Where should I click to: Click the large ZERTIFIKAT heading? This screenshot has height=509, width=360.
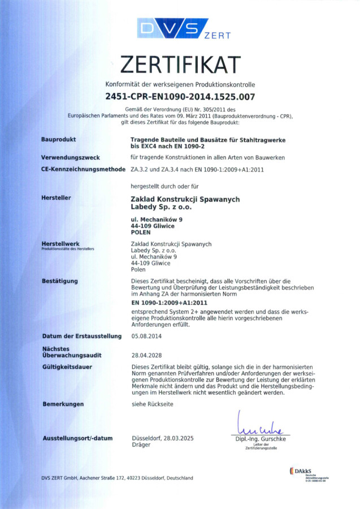pyautogui.click(x=180, y=65)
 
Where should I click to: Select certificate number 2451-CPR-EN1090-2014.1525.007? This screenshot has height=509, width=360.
pyautogui.click(x=180, y=96)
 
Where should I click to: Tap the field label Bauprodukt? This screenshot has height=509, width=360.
pyautogui.click(x=59, y=139)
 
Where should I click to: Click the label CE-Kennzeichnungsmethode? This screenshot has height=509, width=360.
pyautogui.click(x=81, y=169)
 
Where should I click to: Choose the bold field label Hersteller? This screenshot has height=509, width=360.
pyautogui.click(x=56, y=198)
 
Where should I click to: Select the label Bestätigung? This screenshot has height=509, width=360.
pyautogui.click(x=60, y=281)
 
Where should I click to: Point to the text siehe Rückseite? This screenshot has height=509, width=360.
pyautogui.click(x=152, y=404)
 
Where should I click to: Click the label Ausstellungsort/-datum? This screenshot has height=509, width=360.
pyautogui.click(x=77, y=438)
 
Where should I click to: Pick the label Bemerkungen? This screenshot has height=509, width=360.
pyautogui.click(x=63, y=404)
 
